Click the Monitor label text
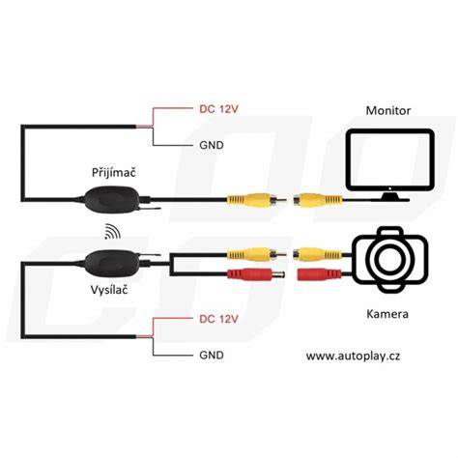click(x=387, y=110)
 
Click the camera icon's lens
click(x=390, y=259)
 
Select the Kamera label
click(x=387, y=314)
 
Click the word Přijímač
click(x=114, y=172)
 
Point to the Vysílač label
click(x=109, y=290)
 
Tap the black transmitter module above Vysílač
click(x=112, y=263)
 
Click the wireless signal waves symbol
click(x=112, y=231)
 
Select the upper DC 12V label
click(x=218, y=109)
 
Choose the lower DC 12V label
click(x=218, y=319)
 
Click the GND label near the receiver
click(x=212, y=145)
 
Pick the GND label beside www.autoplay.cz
click(x=212, y=355)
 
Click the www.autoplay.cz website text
click(x=353, y=357)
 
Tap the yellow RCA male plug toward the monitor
click(x=257, y=200)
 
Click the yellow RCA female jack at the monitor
click(x=317, y=200)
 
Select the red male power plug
click(x=256, y=274)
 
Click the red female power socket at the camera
click(x=319, y=274)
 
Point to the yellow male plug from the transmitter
click(x=257, y=254)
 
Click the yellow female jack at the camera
click(x=317, y=254)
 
